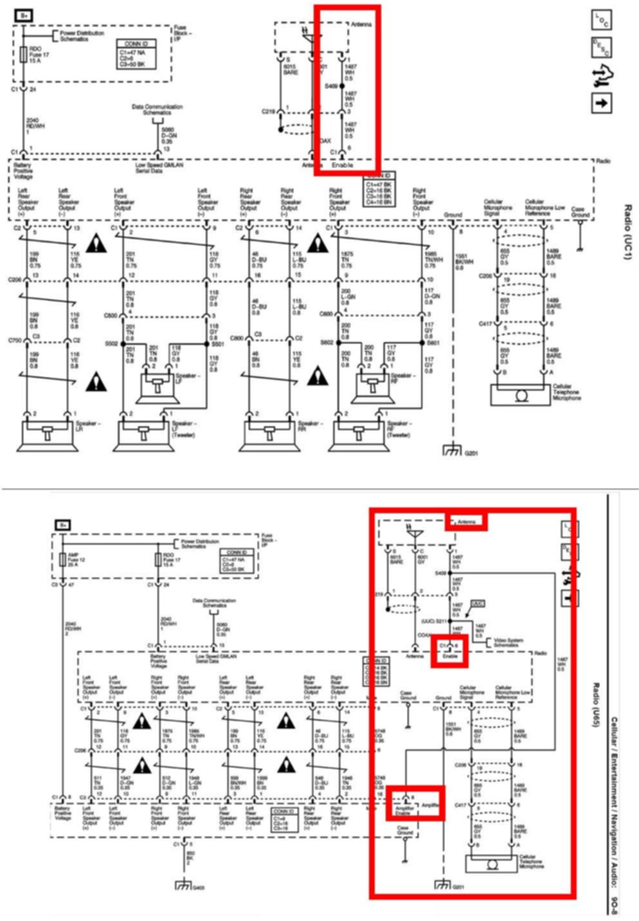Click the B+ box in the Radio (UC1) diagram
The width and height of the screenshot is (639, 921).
(24, 14)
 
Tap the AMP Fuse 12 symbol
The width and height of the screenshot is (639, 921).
(63, 559)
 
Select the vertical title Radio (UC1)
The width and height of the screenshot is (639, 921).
(627, 232)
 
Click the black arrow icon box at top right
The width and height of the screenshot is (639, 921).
(601, 103)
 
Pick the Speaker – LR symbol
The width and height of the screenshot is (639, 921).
(47, 433)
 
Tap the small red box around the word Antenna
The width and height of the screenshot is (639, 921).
(466, 521)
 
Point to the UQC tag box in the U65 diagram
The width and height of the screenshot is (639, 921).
(477, 604)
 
